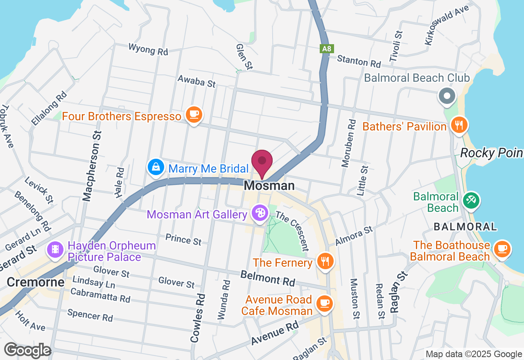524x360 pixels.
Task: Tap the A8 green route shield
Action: coord(326,49)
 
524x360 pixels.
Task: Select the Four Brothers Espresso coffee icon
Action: coord(194,115)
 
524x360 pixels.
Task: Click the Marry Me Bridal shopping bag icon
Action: coord(156,167)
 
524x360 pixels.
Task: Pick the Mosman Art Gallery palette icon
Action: coord(260,213)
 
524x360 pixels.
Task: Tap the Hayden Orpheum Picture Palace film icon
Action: coord(54,249)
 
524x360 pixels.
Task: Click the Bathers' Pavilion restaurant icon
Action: coord(458,125)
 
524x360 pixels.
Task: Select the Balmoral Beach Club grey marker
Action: coord(447,97)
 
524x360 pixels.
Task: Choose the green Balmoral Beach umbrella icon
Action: coord(471,200)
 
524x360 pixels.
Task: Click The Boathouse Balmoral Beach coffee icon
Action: coord(502,248)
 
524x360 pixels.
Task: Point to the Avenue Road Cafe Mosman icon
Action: coord(325,303)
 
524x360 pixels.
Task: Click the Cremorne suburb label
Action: coord(36,282)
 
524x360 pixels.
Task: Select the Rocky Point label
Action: coord(491,153)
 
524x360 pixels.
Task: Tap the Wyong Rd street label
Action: coord(148,49)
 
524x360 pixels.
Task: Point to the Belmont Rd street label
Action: coord(267,278)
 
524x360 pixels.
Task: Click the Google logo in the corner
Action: coord(27,351)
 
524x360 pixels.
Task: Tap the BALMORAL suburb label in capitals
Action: coord(465,226)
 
